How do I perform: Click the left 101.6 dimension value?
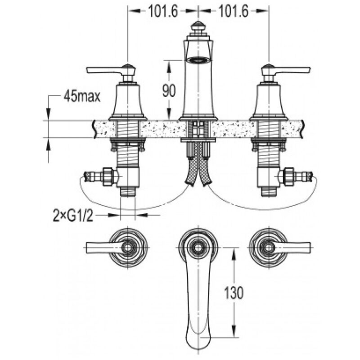[x=163, y=11]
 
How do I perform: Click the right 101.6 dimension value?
[x=234, y=11]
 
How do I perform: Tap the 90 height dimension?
[x=169, y=90]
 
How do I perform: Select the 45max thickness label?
[x=82, y=96]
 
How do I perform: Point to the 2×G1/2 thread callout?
[x=73, y=216]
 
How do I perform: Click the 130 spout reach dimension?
[x=234, y=293]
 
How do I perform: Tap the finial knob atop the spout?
[x=198, y=27]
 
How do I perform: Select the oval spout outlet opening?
[x=198, y=60]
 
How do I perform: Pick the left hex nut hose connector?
[x=108, y=176]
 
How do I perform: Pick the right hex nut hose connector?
[x=289, y=176]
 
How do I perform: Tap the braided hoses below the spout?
[x=198, y=167]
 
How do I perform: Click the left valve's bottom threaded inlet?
[x=128, y=191]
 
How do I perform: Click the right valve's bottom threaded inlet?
[x=269, y=191]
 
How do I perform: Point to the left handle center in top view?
[x=127, y=248]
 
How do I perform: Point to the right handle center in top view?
[x=268, y=248]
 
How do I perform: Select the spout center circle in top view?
[x=198, y=248]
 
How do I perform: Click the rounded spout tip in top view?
[x=198, y=344]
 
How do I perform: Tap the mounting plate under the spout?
[x=198, y=140]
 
